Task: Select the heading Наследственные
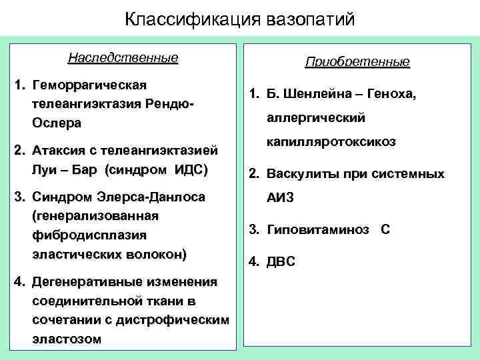tap(123, 57)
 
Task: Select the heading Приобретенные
tap(357, 63)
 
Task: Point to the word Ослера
tap(56, 123)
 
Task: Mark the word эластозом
tap(67, 339)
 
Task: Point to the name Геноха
tap(391, 95)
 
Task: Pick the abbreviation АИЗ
tap(281, 198)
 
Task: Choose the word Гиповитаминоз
tap(317, 230)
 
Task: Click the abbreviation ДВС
tap(281, 262)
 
